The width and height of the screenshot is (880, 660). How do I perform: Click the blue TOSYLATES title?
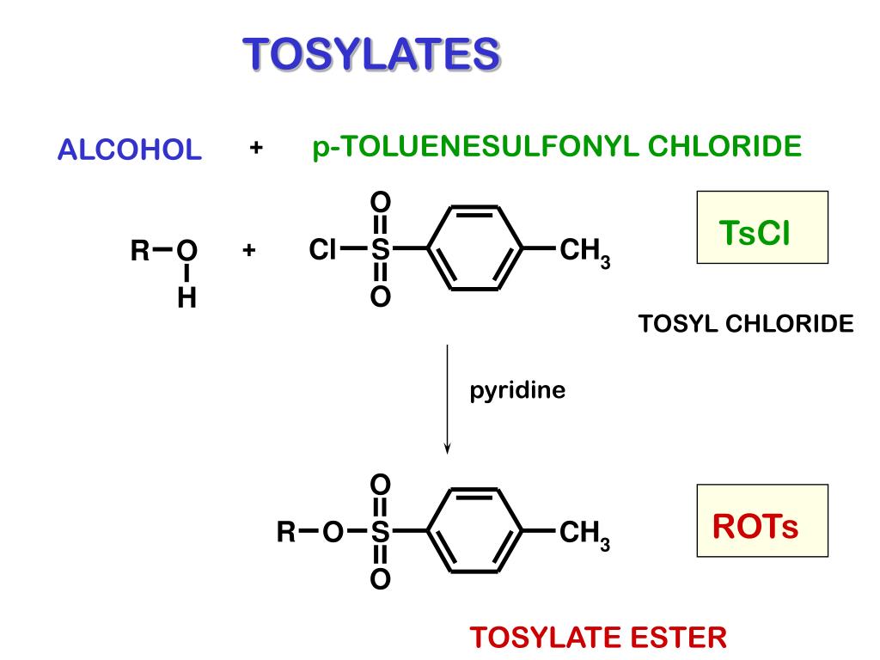371,54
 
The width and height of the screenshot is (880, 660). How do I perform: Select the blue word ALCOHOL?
129,150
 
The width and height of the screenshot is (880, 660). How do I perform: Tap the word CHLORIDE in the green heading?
724,146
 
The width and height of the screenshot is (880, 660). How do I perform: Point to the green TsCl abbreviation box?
762,227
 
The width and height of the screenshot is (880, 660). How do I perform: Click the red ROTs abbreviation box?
762,520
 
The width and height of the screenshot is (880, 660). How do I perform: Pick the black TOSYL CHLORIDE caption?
746,324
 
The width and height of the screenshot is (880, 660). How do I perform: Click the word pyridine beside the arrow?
517,391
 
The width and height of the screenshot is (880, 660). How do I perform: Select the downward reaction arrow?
447,399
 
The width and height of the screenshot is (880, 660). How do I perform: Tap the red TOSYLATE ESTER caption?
598,638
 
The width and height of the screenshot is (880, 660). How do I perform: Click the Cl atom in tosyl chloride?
322,249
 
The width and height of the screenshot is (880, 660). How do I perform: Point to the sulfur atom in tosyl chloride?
380,249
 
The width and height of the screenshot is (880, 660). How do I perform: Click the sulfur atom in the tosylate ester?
380,531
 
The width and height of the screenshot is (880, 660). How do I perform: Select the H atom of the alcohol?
186,297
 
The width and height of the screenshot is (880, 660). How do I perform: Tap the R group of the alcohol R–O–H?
140,250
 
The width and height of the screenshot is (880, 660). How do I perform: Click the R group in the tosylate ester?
286,532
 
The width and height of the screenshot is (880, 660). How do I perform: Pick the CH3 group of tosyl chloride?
584,253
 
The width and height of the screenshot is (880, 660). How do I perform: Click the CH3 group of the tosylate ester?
584,535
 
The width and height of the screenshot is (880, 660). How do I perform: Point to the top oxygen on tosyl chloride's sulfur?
380,201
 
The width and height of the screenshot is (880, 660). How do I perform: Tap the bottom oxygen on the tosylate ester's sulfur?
380,578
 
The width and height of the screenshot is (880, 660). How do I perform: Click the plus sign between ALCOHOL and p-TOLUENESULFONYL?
256,148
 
